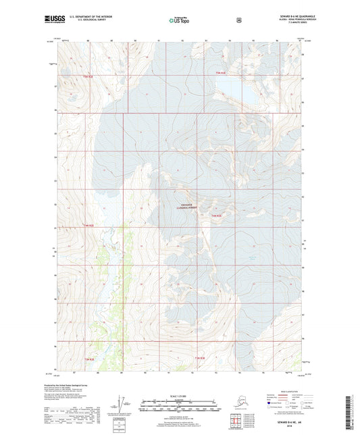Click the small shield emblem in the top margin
238,20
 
